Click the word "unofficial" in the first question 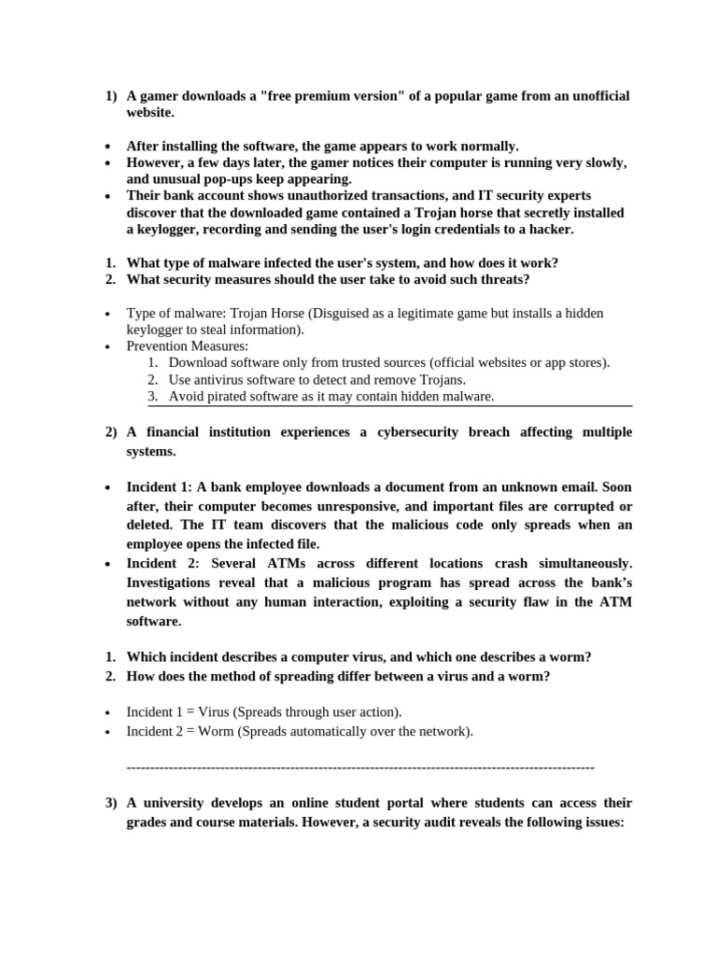click(598, 96)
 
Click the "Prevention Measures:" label click(189, 346)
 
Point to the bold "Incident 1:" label click(160, 487)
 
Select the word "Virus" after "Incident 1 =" click(215, 712)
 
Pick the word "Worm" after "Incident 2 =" click(217, 731)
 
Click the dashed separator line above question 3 click(359, 766)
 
